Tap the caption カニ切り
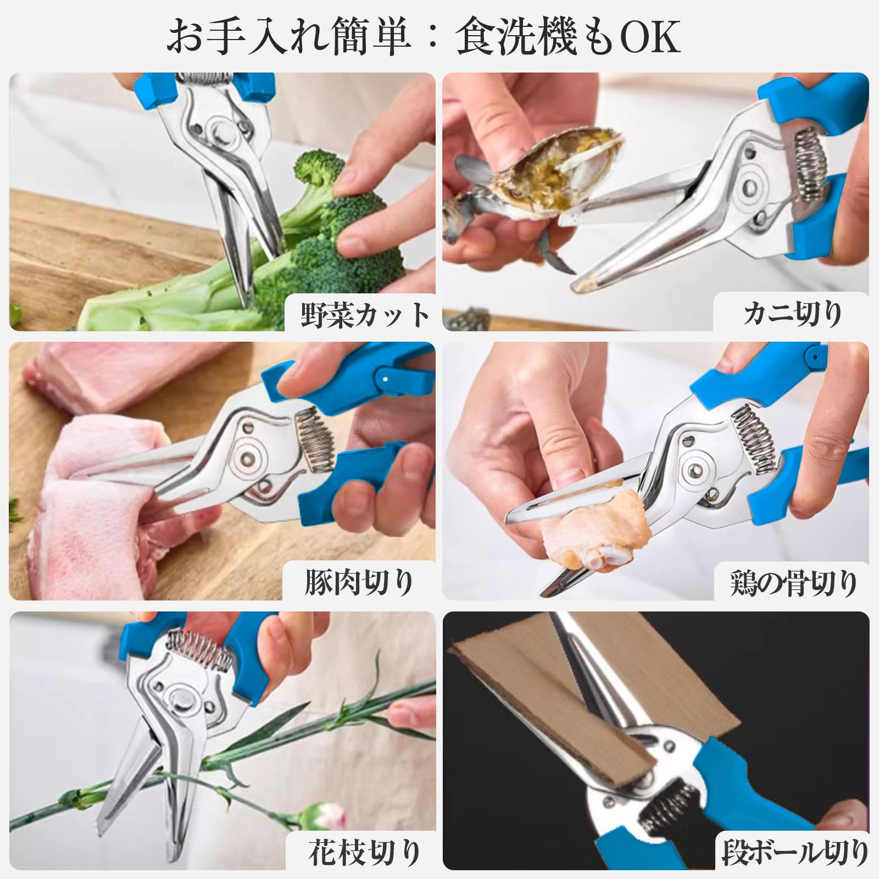tap(792, 314)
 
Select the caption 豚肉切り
tap(359, 583)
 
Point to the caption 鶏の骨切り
tap(793, 583)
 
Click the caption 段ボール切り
tap(794, 853)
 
